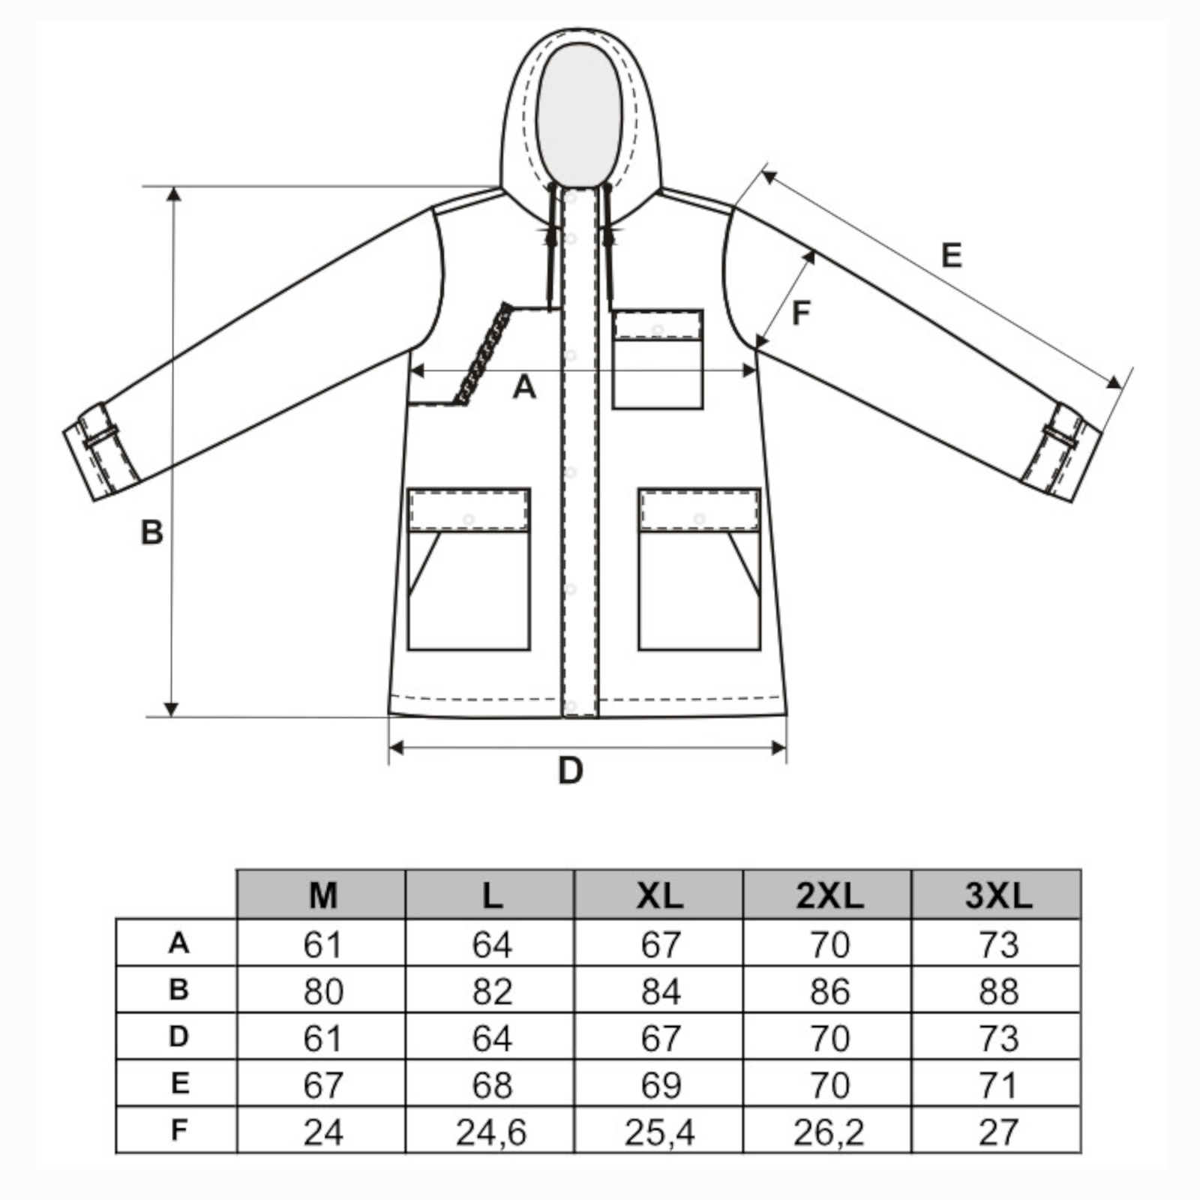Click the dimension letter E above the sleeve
951,256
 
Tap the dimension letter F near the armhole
801,313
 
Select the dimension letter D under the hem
571,770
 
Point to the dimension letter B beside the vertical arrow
152,532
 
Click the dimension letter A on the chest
524,388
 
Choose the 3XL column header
998,895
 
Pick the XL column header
660,895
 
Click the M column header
323,895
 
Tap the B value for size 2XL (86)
829,991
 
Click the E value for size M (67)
323,1085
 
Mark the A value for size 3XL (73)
998,944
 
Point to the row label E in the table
179,1084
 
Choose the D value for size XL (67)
660,1038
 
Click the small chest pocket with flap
658,359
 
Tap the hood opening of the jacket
579,114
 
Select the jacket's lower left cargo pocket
469,569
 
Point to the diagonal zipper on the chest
484,353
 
